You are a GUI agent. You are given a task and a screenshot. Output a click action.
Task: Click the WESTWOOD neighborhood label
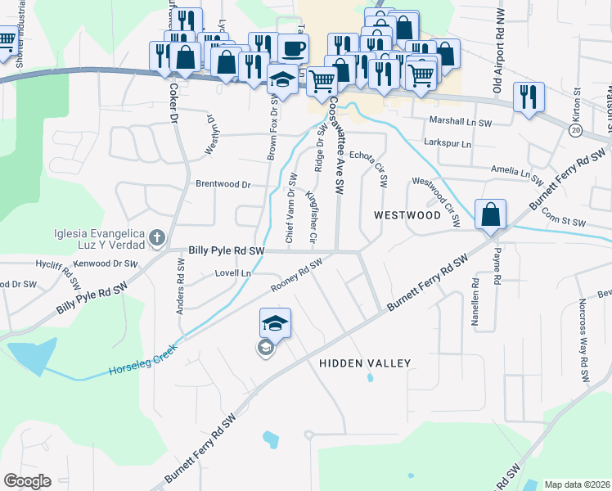(x=407, y=215)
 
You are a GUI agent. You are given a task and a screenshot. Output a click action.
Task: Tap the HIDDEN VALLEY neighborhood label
(x=364, y=363)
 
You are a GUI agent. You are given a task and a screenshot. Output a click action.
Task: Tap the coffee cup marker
(x=293, y=48)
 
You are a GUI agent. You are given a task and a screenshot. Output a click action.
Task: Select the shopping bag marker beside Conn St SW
(x=490, y=215)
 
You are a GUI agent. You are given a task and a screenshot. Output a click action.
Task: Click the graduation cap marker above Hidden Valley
(x=276, y=324)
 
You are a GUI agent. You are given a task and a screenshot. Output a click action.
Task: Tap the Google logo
(x=27, y=481)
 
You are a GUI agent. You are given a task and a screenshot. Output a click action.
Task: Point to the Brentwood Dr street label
(x=223, y=184)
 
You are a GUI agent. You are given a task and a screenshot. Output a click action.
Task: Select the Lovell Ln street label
(x=232, y=273)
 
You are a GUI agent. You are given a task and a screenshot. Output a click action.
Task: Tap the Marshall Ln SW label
(x=461, y=119)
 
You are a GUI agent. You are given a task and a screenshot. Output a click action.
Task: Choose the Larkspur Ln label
(x=448, y=143)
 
